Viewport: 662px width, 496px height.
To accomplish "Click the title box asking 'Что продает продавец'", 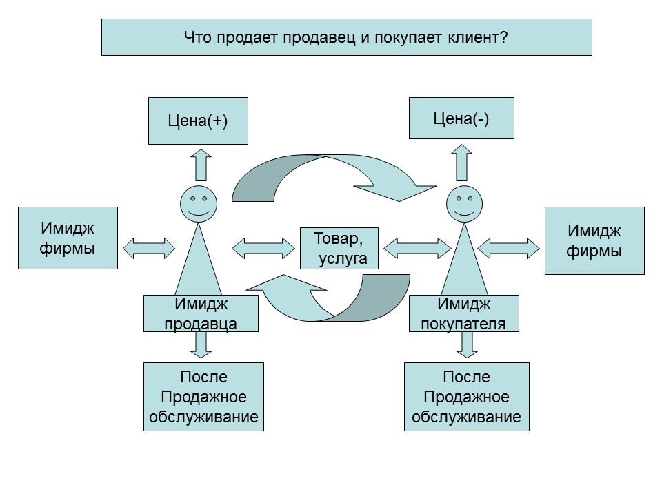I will pyautogui.click(x=346, y=37).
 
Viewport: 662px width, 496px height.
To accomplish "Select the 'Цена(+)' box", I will pyautogui.click(x=198, y=121).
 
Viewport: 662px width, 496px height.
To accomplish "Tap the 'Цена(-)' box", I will pyautogui.click(x=461, y=118).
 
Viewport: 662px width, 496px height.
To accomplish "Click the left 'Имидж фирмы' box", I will pyautogui.click(x=67, y=237).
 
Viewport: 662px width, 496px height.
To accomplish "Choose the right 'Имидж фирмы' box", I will pyautogui.click(x=594, y=240).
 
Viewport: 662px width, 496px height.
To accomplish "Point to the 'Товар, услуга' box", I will pyautogui.click(x=340, y=248).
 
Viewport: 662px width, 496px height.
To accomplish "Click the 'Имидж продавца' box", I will pyautogui.click(x=201, y=313).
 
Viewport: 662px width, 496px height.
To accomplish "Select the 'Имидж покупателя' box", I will pyautogui.click(x=463, y=313).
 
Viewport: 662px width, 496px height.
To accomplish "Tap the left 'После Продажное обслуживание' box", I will pyautogui.click(x=203, y=397).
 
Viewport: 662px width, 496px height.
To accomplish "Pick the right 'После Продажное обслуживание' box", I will pyautogui.click(x=466, y=397).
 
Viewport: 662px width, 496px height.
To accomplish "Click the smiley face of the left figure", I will pyautogui.click(x=199, y=203).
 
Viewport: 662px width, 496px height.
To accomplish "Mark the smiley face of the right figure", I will pyautogui.click(x=465, y=204).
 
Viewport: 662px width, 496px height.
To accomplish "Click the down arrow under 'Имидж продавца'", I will pyautogui.click(x=201, y=344).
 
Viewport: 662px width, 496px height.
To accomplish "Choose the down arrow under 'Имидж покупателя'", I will pyautogui.click(x=467, y=344).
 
